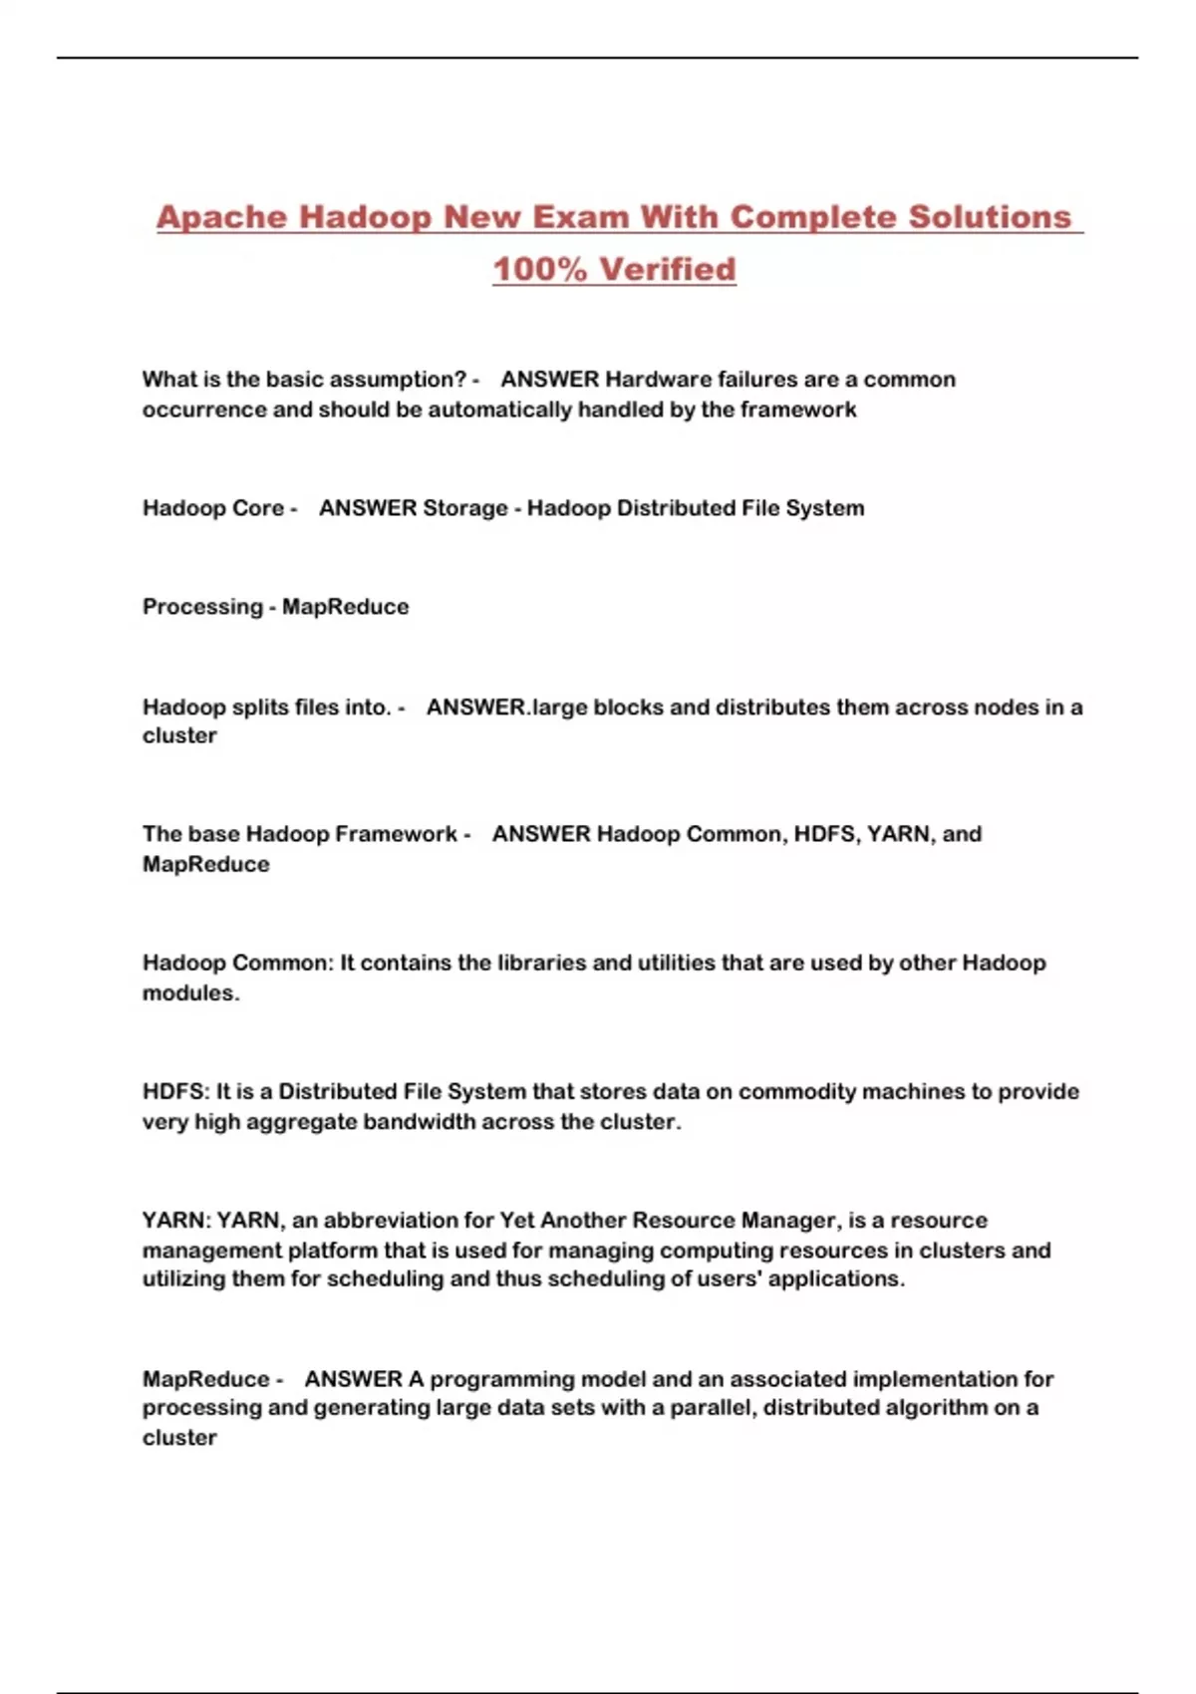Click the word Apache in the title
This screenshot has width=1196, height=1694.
221,217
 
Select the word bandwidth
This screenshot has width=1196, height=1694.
419,1122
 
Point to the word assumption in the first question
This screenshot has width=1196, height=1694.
397,380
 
